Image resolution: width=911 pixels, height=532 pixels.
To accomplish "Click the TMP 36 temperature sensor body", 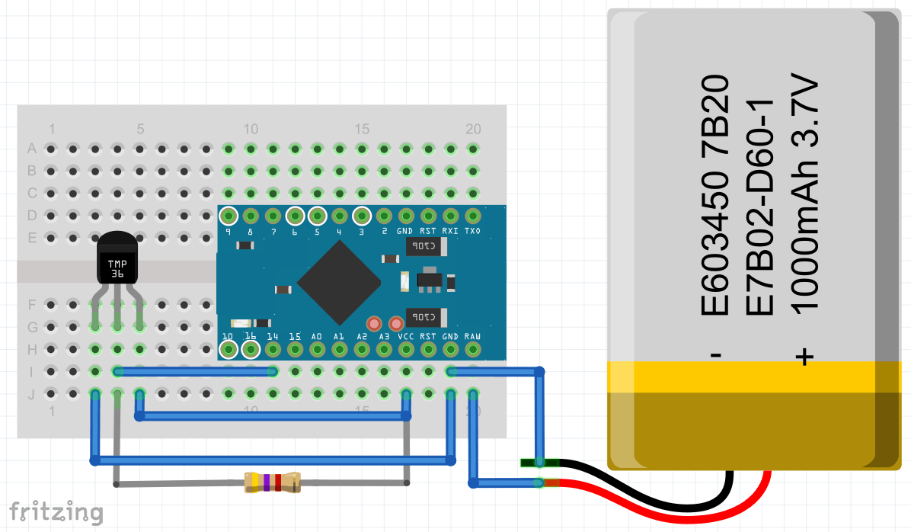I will [117, 260].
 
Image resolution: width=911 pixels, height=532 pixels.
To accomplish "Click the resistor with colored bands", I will [272, 482].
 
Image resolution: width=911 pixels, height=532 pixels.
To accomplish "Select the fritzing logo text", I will [56, 511].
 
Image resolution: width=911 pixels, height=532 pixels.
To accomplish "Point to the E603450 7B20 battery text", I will [714, 195].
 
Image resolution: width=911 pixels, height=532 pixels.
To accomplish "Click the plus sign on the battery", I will [805, 356].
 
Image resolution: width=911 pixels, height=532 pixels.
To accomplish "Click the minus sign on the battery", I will [715, 356].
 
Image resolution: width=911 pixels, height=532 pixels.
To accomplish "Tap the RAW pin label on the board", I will [472, 336].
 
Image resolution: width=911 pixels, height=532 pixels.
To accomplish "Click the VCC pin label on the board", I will [406, 336].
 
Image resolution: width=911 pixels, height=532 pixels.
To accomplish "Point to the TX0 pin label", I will [472, 231].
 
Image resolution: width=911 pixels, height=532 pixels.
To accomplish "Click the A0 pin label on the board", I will [317, 336].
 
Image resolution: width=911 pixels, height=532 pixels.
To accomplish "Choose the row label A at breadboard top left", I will [32, 148].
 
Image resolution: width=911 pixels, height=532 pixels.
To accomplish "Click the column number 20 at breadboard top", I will [472, 128].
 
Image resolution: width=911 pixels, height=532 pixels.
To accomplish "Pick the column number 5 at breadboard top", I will [140, 128].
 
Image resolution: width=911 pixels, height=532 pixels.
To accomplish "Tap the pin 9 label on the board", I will [228, 231].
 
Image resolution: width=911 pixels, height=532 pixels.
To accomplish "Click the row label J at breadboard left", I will [32, 394].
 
